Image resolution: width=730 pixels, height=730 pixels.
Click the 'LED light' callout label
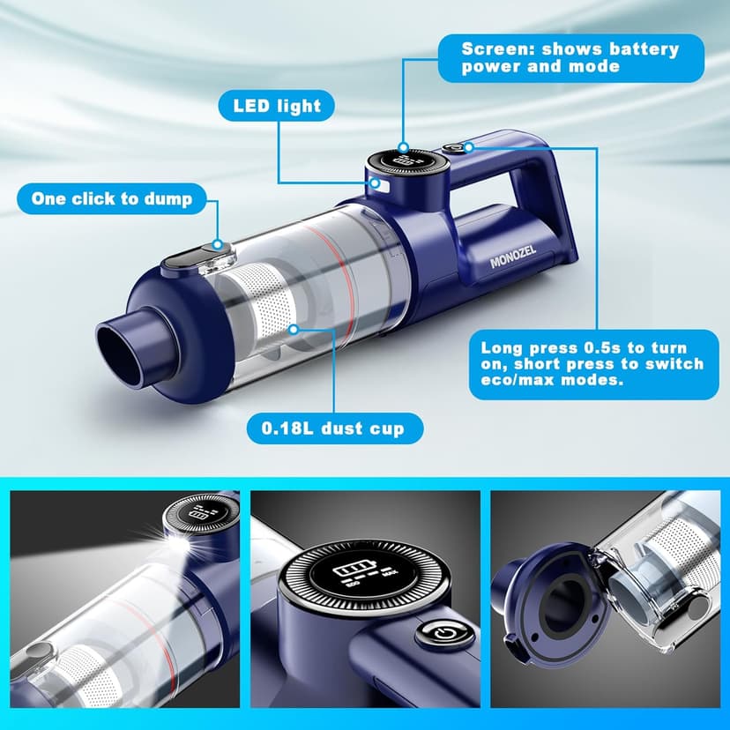(278, 108)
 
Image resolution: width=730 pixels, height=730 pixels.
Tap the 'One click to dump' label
(112, 198)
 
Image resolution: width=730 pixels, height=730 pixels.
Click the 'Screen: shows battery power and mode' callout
(570, 58)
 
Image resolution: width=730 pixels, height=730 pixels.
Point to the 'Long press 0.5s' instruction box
(592, 363)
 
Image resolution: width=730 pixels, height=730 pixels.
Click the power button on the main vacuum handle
(458, 150)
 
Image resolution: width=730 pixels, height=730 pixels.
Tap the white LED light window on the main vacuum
(380, 184)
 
